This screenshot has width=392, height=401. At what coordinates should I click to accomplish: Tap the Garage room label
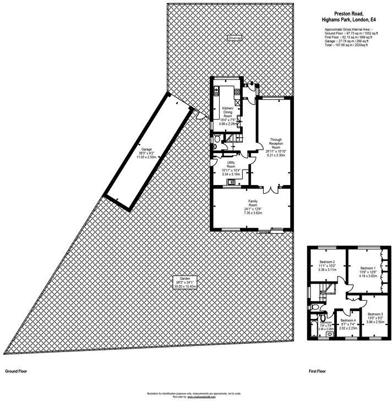point(146,149)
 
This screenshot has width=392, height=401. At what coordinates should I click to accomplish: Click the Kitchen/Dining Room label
point(228,113)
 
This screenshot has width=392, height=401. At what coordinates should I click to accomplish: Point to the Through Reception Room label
point(276,144)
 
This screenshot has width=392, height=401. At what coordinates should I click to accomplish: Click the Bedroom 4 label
point(348,320)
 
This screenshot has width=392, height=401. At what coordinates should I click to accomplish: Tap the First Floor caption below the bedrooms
point(317,372)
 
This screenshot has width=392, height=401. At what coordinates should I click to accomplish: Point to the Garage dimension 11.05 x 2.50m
point(145,157)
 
